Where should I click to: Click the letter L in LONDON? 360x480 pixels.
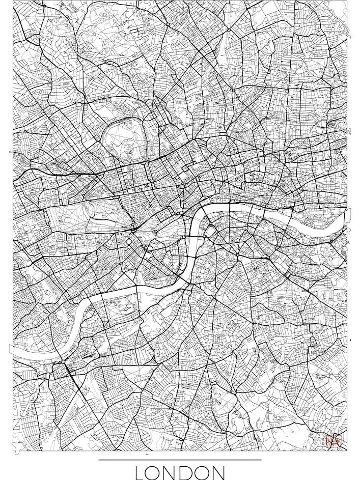[x=140, y=472]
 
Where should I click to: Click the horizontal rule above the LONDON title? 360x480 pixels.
[x=180, y=460]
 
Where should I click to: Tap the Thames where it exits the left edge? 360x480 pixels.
[x=12, y=351]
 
